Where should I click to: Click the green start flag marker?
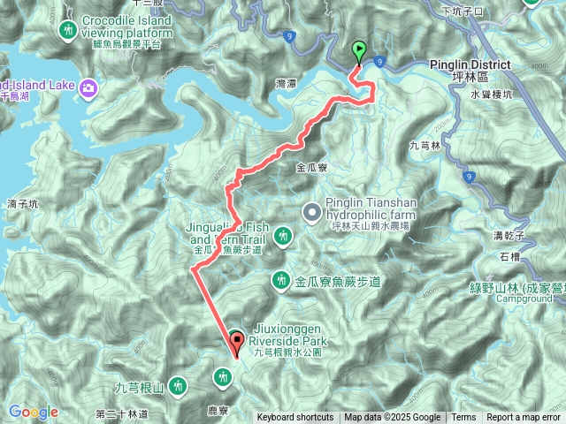359,52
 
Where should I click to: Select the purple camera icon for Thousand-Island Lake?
88,87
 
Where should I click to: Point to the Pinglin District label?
470,65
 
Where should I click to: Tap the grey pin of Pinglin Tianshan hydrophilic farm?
310,211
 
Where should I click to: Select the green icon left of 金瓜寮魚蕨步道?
281,280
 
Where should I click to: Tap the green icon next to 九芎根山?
178,385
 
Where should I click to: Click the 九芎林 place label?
425,146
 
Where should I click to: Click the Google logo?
34,412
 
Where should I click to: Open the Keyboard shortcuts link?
295,418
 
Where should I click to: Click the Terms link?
463,418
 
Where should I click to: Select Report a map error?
524,418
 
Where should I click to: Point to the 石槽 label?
510,257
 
